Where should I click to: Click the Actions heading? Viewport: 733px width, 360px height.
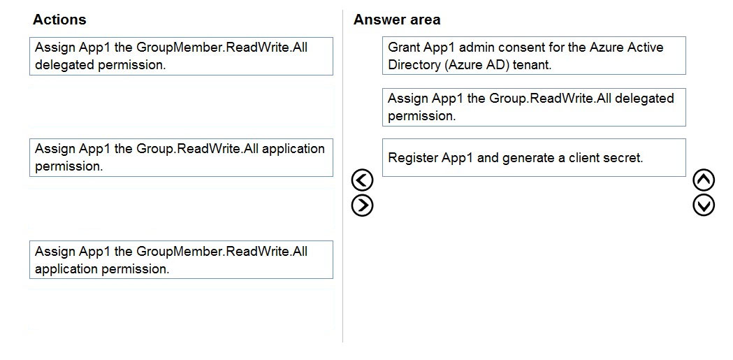coord(59,20)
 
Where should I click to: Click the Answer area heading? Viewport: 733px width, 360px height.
coord(397,20)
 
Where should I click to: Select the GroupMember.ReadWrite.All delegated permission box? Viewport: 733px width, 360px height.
coord(182,56)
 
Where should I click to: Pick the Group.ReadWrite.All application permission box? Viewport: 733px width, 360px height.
coord(182,157)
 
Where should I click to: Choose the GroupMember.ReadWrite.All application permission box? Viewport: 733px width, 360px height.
coord(182,260)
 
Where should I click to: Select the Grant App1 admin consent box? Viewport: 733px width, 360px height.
coord(534,56)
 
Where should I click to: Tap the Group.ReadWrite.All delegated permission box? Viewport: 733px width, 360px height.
coord(534,107)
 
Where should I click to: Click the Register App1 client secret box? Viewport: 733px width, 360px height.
coord(534,157)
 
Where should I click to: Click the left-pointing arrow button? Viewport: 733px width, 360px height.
coord(362,180)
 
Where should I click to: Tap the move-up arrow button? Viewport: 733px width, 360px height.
coord(704,180)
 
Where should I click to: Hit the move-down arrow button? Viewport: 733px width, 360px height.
coord(704,206)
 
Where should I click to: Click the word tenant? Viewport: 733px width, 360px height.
coord(532,65)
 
